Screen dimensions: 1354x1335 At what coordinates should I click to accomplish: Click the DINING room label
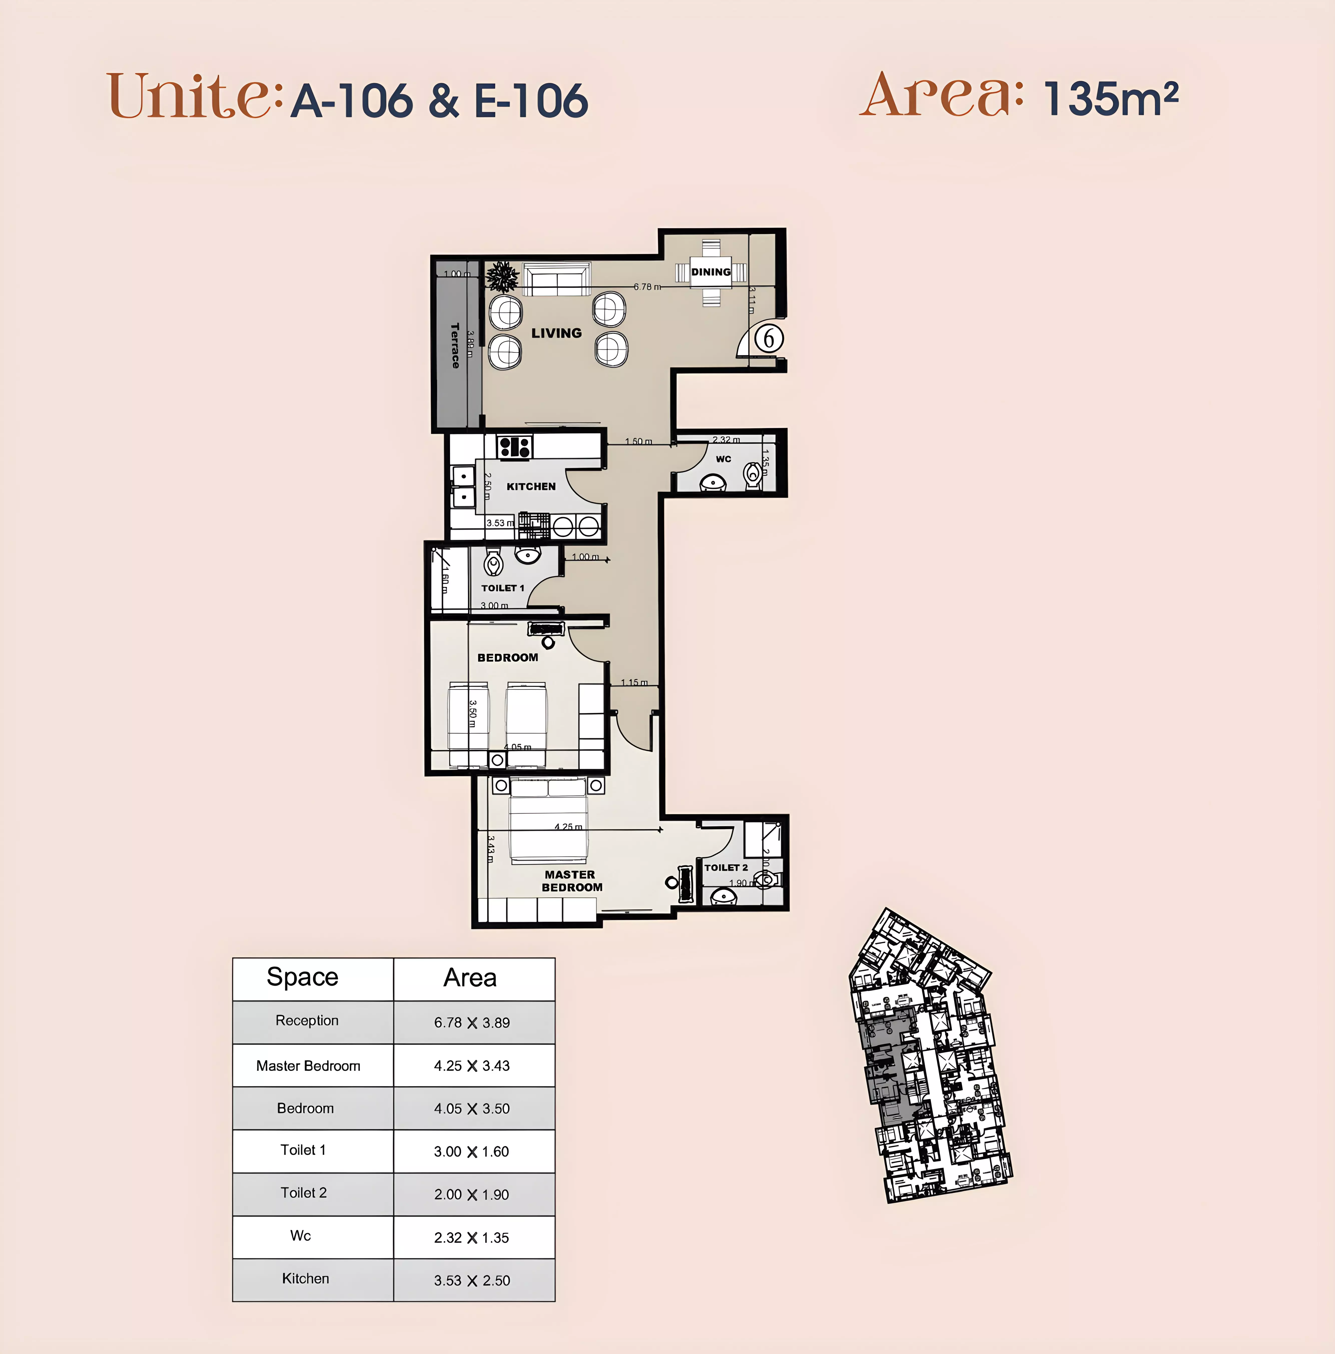(710, 272)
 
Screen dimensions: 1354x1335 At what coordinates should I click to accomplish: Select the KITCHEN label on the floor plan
(531, 486)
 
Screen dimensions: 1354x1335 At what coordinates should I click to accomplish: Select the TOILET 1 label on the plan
(502, 588)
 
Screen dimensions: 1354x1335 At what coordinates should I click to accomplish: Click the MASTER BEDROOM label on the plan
(571, 881)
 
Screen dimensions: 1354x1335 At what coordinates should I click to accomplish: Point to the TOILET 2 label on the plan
(726, 868)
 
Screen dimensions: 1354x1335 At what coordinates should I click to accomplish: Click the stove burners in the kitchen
(515, 446)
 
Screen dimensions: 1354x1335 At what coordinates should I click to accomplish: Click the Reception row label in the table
(307, 1021)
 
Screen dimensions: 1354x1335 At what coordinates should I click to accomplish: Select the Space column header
(302, 977)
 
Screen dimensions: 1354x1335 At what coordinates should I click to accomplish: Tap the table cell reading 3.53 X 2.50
(472, 1280)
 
